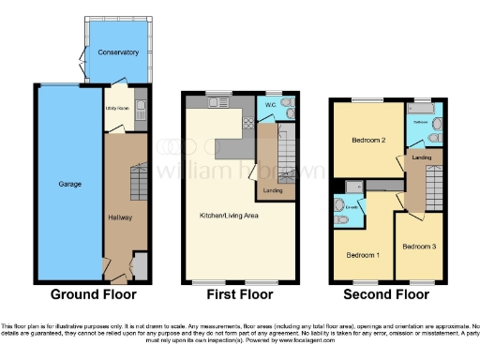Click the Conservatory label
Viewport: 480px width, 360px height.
click(x=118, y=52)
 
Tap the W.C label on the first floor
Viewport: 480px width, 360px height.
click(x=270, y=104)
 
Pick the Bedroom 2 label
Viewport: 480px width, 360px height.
click(x=368, y=141)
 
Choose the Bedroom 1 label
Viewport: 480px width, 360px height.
click(x=363, y=255)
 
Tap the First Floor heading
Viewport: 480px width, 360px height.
click(x=240, y=294)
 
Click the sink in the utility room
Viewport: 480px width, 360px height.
click(x=140, y=104)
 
